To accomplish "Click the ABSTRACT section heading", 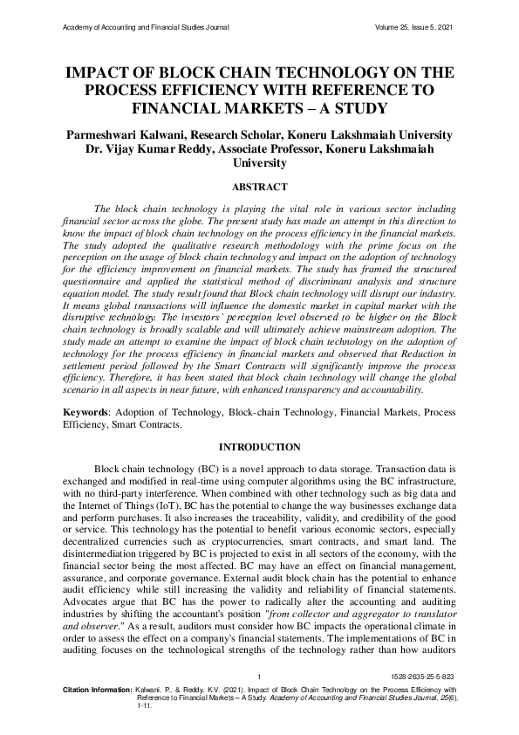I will tap(259, 186).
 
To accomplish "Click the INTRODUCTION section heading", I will tap(259, 447).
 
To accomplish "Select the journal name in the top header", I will tap(147, 27).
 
